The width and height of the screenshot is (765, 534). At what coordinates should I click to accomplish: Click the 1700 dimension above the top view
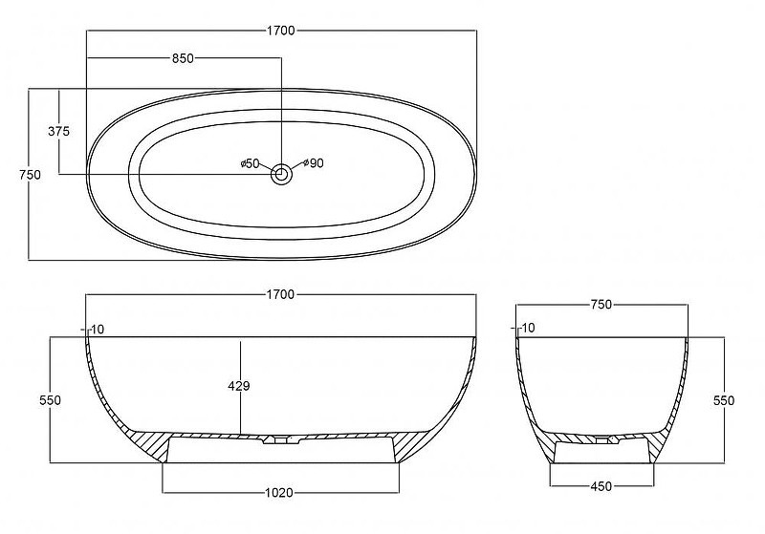click(281, 31)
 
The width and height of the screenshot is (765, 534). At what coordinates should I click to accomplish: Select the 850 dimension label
click(183, 58)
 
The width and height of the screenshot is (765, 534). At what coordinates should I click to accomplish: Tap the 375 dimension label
click(59, 131)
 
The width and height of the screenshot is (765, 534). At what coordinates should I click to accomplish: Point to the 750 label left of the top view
click(31, 175)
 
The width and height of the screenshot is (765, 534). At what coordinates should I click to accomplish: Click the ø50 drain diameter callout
click(251, 163)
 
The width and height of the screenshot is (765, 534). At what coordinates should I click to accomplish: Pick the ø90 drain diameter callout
click(314, 163)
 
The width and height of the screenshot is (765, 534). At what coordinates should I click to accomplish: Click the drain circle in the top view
click(281, 174)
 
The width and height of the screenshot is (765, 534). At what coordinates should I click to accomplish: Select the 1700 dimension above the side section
click(280, 295)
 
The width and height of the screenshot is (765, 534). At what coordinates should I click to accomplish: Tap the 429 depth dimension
click(239, 386)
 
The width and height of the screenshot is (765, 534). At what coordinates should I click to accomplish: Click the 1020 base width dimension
click(279, 493)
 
